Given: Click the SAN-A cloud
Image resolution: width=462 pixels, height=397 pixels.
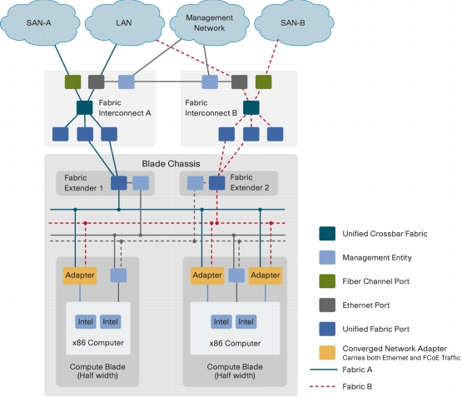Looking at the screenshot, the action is pyautogui.click(x=40, y=23).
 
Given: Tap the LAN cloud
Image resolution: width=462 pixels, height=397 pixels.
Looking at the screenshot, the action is pyautogui.click(x=124, y=23).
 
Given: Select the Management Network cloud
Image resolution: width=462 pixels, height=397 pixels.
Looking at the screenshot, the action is pyautogui.click(x=210, y=23).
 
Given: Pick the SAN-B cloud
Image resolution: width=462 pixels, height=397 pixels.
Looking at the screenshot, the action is pyautogui.click(x=294, y=23).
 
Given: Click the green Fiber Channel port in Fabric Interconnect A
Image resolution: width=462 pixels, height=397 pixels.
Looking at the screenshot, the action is pyautogui.click(x=72, y=82).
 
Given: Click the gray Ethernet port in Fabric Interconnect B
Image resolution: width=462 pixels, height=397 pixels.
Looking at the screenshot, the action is pyautogui.click(x=239, y=82).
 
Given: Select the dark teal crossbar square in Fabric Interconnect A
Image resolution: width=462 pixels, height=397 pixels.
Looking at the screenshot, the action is pyautogui.click(x=85, y=108).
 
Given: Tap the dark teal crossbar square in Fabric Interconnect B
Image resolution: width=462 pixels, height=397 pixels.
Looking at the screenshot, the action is pyautogui.click(x=251, y=108).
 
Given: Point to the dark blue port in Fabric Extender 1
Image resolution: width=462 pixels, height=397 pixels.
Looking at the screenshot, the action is pyautogui.click(x=119, y=183).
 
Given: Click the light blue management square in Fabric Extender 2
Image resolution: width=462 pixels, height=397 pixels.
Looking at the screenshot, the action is pyautogui.click(x=195, y=183).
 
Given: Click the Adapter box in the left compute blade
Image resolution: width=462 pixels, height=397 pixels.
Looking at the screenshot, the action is pyautogui.click(x=80, y=275).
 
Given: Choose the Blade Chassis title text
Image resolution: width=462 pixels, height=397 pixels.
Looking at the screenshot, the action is pyautogui.click(x=171, y=164).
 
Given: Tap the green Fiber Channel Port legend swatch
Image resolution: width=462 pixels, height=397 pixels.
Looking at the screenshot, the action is pyautogui.click(x=327, y=281).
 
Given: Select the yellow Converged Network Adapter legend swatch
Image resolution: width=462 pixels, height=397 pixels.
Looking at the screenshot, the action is pyautogui.click(x=327, y=353).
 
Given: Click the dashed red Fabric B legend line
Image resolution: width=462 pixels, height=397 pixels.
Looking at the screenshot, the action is pyautogui.click(x=323, y=386).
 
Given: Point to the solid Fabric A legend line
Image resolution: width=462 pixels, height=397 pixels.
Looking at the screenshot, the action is pyautogui.click(x=323, y=370).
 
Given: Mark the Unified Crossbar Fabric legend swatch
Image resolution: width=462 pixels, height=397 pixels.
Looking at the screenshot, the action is pyautogui.click(x=327, y=234).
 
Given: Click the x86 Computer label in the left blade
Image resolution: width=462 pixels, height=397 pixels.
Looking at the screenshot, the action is pyautogui.click(x=98, y=343).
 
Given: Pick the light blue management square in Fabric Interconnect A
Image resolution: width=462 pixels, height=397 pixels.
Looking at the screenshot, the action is pyautogui.click(x=127, y=82).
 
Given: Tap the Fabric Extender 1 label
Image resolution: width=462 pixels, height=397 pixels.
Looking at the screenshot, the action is pyautogui.click(x=84, y=183).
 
